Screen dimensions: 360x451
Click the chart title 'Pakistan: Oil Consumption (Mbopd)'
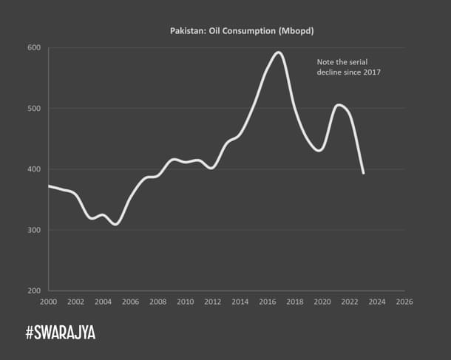click(225, 31)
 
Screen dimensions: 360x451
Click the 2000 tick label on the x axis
click(50, 302)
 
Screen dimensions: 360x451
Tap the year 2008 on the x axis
click(158, 302)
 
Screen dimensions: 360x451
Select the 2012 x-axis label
click(213, 302)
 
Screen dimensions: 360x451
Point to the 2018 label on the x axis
click(295, 302)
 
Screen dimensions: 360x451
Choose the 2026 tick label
click(404, 302)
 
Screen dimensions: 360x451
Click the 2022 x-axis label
click(350, 302)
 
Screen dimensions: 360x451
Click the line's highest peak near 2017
click(279, 52)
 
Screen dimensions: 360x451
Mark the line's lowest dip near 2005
click(115, 224)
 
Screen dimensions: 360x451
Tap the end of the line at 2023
click(363, 173)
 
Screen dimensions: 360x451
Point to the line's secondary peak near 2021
click(339, 105)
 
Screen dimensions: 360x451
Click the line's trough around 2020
click(319, 150)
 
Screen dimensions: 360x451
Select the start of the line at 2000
click(50, 186)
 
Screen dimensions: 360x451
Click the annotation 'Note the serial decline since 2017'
click(348, 67)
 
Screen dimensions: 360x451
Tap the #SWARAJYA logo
click(61, 333)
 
